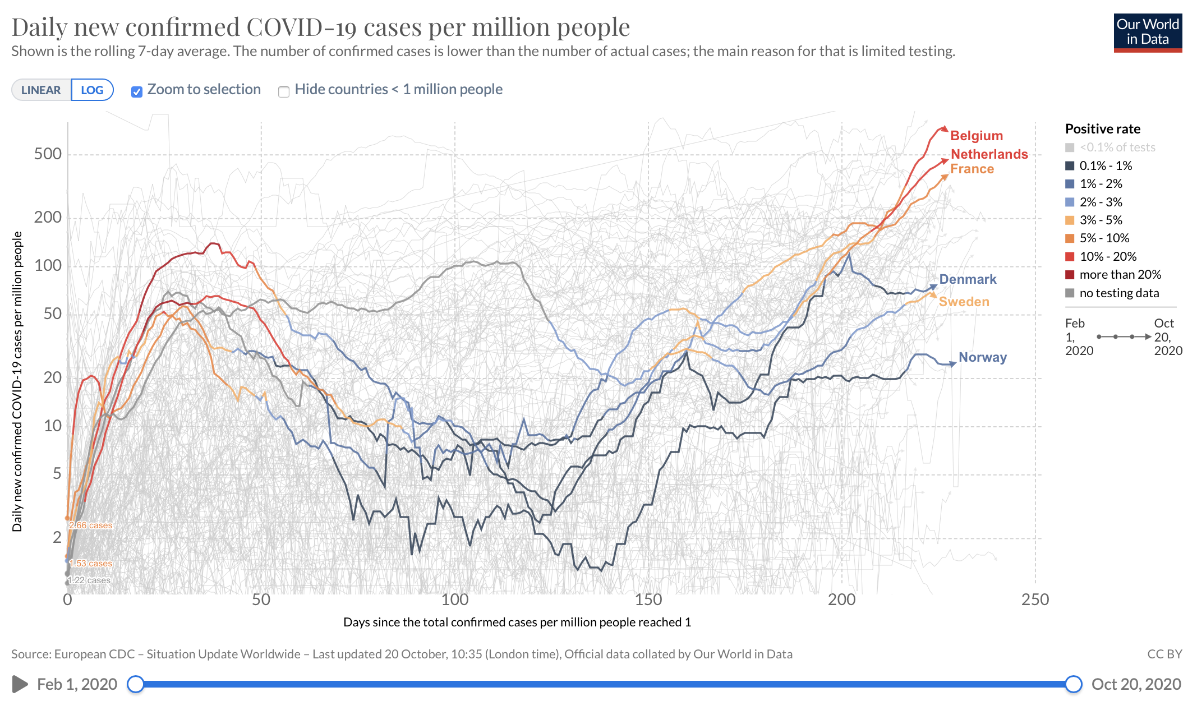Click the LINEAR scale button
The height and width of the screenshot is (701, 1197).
[x=41, y=90]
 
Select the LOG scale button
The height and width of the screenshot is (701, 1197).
[x=92, y=90]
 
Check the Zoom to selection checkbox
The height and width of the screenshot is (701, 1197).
[x=137, y=91]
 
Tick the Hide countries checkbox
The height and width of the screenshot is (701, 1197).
[x=284, y=91]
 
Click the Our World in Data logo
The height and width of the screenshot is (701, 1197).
[x=1148, y=33]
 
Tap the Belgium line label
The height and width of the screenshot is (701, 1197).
[x=976, y=136]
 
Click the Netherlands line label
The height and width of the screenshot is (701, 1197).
[x=989, y=154]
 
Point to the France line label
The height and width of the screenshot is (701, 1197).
[x=972, y=169]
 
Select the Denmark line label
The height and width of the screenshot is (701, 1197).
[x=968, y=279]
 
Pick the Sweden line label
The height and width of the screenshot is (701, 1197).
[x=964, y=302]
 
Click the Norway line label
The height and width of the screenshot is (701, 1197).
[x=982, y=357]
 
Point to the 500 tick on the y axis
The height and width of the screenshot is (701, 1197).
[x=48, y=154]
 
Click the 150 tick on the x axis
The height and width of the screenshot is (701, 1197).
[x=648, y=599]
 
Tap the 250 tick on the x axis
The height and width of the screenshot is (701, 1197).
[x=1035, y=599]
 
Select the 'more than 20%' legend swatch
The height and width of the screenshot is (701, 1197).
[x=1070, y=275]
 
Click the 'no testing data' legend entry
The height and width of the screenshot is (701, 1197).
[x=1118, y=293]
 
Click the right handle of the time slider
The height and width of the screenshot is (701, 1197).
[x=1073, y=684]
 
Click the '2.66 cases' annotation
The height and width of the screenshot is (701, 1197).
[x=90, y=525]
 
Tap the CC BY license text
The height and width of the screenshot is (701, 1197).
[x=1164, y=654]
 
